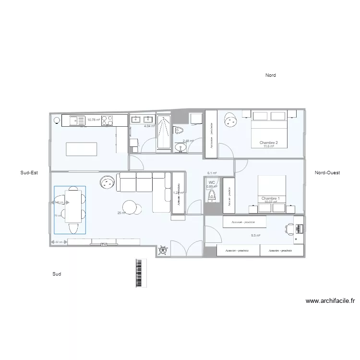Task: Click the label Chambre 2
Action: tap(269, 143)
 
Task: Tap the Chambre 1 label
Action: tap(270, 198)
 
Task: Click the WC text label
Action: tap(212, 182)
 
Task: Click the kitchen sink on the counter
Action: tap(77, 120)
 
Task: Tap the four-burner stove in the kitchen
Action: tap(108, 120)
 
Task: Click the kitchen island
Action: tap(82, 149)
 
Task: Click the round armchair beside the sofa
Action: tap(107, 182)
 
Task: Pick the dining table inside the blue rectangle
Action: tap(73, 210)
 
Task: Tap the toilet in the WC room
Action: tap(212, 195)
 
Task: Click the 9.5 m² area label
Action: tap(255, 236)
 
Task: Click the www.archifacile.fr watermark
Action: tap(330, 301)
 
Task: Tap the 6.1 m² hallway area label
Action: tap(212, 173)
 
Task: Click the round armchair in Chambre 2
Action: tap(230, 120)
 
